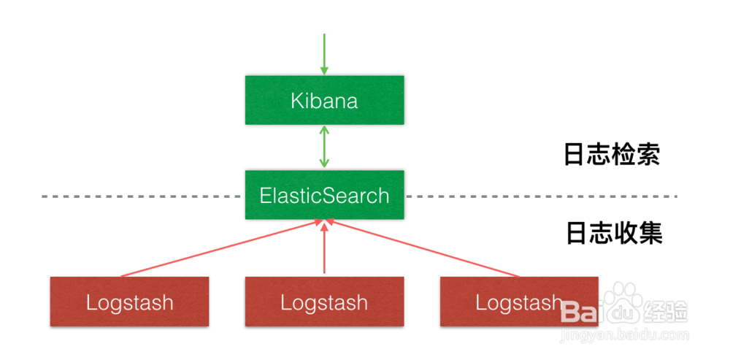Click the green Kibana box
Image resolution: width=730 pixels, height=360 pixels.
324,99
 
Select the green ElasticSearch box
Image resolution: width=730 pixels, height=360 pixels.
324,195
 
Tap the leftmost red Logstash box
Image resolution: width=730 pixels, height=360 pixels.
129,301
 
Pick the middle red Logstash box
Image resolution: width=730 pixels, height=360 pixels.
324,301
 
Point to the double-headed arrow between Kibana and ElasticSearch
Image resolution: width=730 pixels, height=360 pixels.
324,148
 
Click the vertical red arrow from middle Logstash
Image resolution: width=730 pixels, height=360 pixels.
324,248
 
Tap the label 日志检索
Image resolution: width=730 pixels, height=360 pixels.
612,154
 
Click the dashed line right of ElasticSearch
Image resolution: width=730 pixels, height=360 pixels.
540,196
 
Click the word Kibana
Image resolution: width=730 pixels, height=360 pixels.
324,100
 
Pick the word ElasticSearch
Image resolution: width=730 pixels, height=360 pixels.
324,196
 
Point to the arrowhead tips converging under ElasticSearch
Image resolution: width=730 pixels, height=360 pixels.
325,222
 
